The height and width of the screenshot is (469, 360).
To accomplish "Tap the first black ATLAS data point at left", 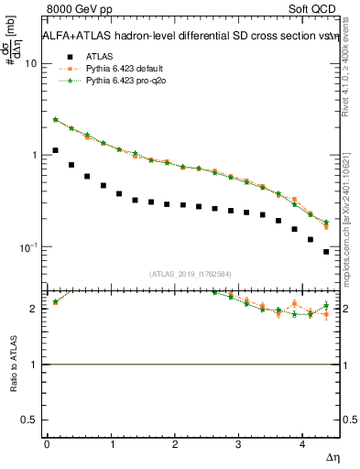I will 56,150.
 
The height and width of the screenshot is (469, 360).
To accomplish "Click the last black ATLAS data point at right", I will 326,251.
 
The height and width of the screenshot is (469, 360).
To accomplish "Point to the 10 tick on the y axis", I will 32,63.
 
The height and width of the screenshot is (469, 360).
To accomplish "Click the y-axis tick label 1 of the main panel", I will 35,155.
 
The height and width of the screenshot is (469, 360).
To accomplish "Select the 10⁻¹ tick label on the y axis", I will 29,247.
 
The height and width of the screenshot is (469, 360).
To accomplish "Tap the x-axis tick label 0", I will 47,443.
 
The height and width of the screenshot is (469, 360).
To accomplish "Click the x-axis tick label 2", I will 174,443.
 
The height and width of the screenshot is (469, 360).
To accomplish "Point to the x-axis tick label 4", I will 302,443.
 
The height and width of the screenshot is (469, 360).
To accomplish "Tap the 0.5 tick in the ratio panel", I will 31,420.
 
